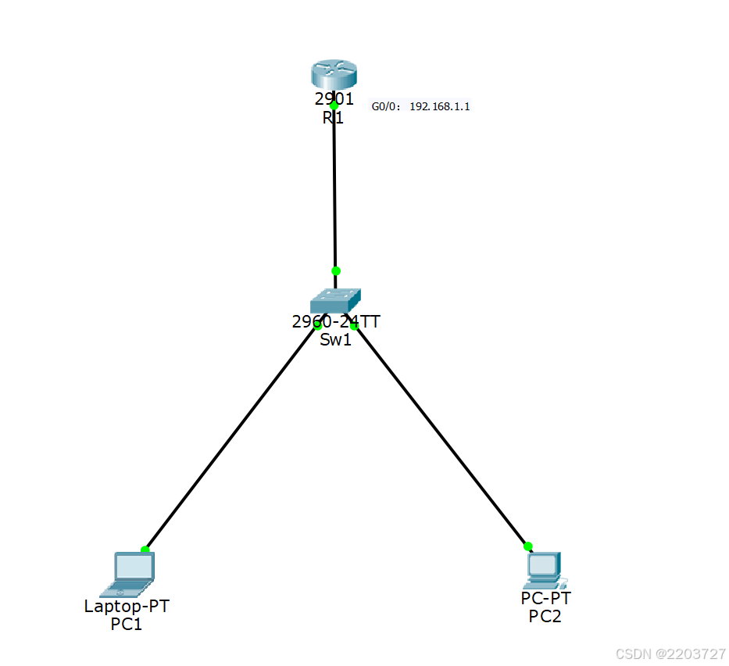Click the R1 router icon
[x=334, y=77]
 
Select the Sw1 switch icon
[x=335, y=300]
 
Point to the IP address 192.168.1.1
[x=440, y=106]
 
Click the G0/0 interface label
[x=385, y=106]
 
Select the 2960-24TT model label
[x=336, y=321]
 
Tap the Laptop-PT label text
[x=127, y=606]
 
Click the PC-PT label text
[x=545, y=599]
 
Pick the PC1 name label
[x=127, y=624]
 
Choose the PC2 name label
[x=545, y=616]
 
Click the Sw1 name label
[x=335, y=338]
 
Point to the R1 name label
[x=333, y=118]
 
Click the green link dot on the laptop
[x=145, y=550]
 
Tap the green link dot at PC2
[x=528, y=546]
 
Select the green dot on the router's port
[x=334, y=105]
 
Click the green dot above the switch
[x=336, y=271]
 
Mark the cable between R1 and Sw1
[x=334, y=188]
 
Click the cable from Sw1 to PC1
[x=230, y=438]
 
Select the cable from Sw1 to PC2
[x=441, y=436]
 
